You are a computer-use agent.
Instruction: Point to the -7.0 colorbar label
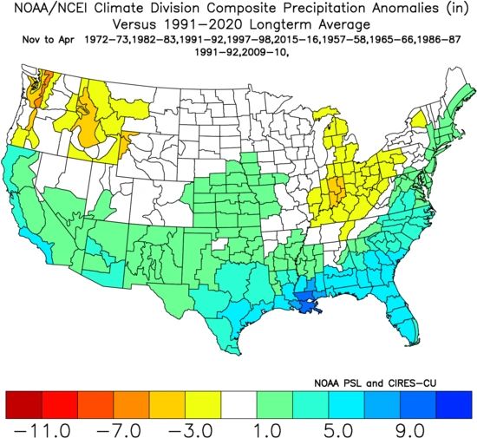(118, 430)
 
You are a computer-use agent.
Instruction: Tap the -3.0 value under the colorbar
(190, 430)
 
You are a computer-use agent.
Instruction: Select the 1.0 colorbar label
(267, 430)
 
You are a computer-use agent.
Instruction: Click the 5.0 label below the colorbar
(339, 430)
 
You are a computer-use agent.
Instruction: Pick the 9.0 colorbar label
(410, 430)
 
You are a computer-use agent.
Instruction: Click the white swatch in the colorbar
(238, 404)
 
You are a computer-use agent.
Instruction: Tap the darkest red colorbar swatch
(23, 404)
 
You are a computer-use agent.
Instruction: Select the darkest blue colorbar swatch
(454, 404)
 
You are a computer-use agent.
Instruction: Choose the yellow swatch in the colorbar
(203, 404)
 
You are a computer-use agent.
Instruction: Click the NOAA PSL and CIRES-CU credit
(375, 383)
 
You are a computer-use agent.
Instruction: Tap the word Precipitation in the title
(324, 8)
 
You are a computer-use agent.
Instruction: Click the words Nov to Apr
(48, 40)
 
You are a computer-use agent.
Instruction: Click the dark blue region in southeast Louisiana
(304, 302)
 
